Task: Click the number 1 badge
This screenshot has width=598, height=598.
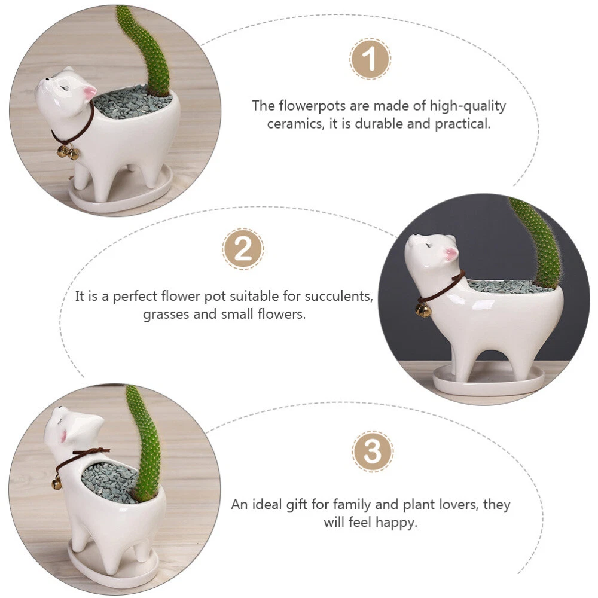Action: tap(370, 59)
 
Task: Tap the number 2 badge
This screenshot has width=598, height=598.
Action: tap(243, 249)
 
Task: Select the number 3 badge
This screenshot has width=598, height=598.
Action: tap(372, 451)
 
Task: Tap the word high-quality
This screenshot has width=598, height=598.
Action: tap(468, 106)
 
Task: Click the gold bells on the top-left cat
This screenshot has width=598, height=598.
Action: tap(68, 152)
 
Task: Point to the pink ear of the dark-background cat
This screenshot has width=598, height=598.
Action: tap(451, 253)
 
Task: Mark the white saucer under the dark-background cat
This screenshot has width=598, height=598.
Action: tap(488, 380)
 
